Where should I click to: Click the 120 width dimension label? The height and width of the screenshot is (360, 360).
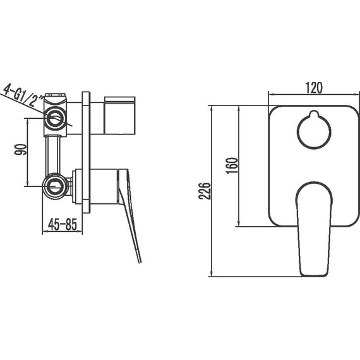point(314,88)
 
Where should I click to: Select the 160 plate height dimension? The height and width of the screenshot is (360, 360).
point(232,165)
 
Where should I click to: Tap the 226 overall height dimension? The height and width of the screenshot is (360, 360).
point(205,191)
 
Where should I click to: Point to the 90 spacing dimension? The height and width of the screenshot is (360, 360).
point(20,150)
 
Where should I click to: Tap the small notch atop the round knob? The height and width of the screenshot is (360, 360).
point(314,113)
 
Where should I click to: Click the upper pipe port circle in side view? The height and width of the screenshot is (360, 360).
point(55,119)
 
